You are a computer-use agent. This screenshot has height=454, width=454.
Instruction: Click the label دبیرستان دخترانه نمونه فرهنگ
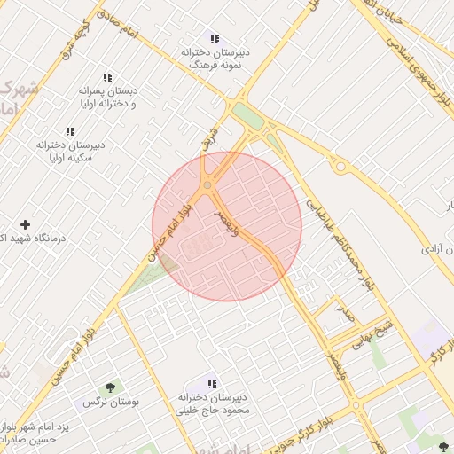click(x=215, y=59)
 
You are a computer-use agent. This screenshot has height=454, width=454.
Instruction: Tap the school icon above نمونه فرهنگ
click(x=214, y=38)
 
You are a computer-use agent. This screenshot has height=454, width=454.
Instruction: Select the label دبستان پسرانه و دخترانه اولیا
click(x=108, y=98)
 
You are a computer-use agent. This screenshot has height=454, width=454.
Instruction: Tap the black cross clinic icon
click(x=25, y=225)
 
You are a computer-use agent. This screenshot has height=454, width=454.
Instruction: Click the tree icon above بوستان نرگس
click(x=110, y=387)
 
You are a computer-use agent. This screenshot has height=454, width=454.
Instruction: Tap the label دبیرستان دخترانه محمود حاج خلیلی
click(x=212, y=404)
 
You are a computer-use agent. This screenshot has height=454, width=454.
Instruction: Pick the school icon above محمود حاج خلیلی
click(x=212, y=384)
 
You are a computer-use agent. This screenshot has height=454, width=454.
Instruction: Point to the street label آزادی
click(x=431, y=249)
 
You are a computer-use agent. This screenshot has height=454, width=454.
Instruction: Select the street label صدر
click(x=347, y=315)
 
